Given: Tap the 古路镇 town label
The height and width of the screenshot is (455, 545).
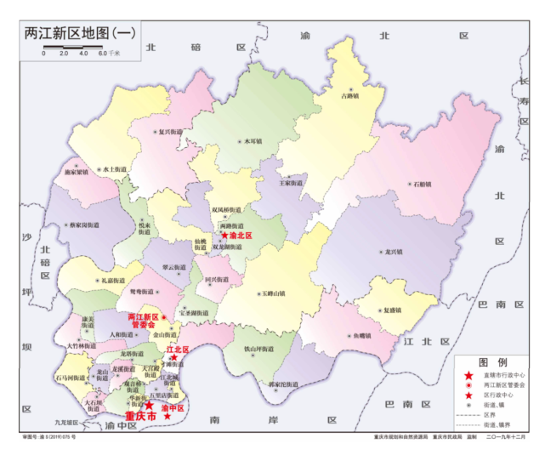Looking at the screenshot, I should coord(349,96).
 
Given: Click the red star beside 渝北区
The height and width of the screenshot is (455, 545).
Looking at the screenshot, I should coord(224,236).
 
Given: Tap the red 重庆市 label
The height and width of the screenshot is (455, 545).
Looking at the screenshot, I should coord(140,418).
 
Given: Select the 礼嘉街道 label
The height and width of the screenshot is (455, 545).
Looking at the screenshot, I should coord(112,280).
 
